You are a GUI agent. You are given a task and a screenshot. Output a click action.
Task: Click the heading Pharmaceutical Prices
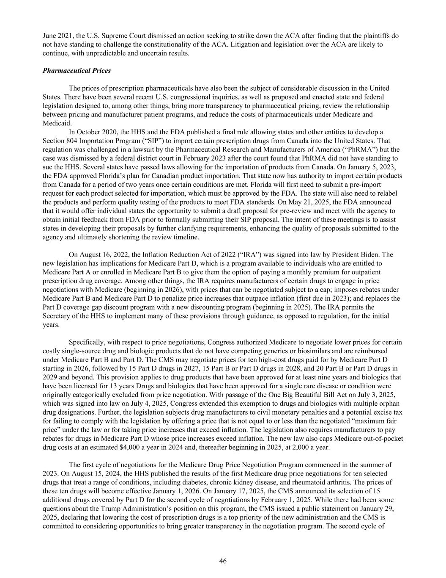(x=77, y=71)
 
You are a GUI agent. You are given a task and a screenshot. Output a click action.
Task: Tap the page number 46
(x=223, y=561)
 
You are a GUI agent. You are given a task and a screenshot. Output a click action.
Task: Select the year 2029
(x=50, y=377)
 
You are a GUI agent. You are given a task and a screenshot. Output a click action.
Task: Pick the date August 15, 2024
(x=85, y=473)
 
